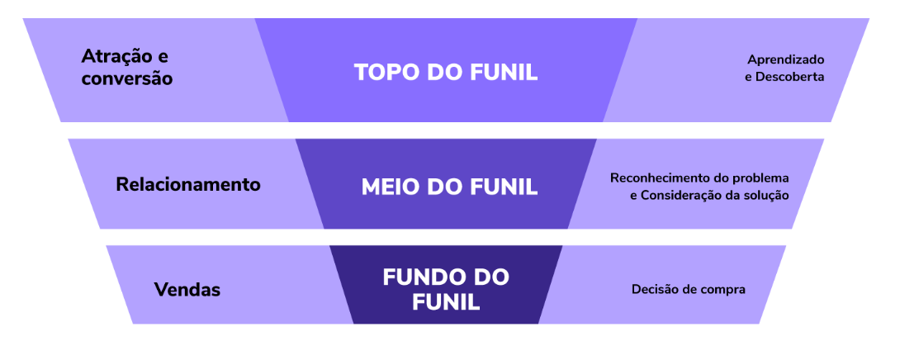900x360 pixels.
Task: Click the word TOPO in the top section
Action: pos(384,72)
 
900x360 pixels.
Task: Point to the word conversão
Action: pos(126,79)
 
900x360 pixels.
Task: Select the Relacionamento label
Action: pos(188,184)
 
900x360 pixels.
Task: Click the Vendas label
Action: pos(187,290)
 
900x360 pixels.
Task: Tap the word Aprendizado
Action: pos(786,59)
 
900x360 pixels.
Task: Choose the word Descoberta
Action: pos(791,77)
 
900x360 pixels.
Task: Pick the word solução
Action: pos(767,196)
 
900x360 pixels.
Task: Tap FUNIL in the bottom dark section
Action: pos(447,301)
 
